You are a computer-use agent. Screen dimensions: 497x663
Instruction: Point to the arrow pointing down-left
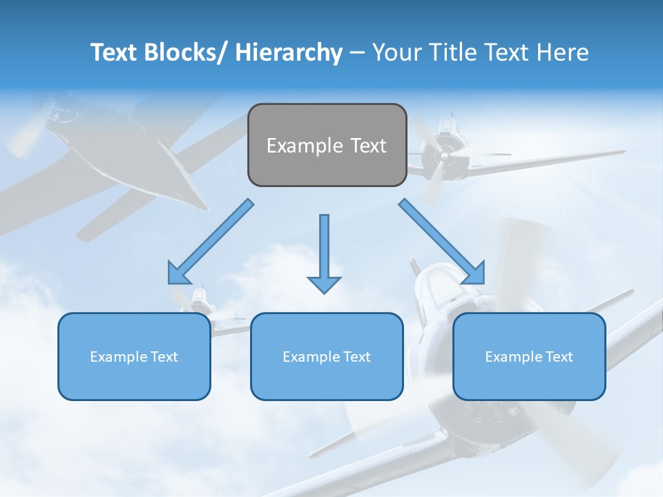[x=211, y=242]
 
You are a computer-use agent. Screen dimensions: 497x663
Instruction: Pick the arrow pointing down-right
[x=442, y=242]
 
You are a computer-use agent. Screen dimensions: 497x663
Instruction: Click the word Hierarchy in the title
[x=289, y=52]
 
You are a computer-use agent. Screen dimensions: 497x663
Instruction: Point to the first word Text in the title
[x=113, y=52]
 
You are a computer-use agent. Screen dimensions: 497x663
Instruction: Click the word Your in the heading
[x=396, y=52]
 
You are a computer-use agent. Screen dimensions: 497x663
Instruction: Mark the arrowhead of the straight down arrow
[x=324, y=284]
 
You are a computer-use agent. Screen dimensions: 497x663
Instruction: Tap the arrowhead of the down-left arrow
[x=178, y=274]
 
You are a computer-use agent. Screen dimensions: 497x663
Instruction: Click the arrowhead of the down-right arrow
[x=474, y=274]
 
